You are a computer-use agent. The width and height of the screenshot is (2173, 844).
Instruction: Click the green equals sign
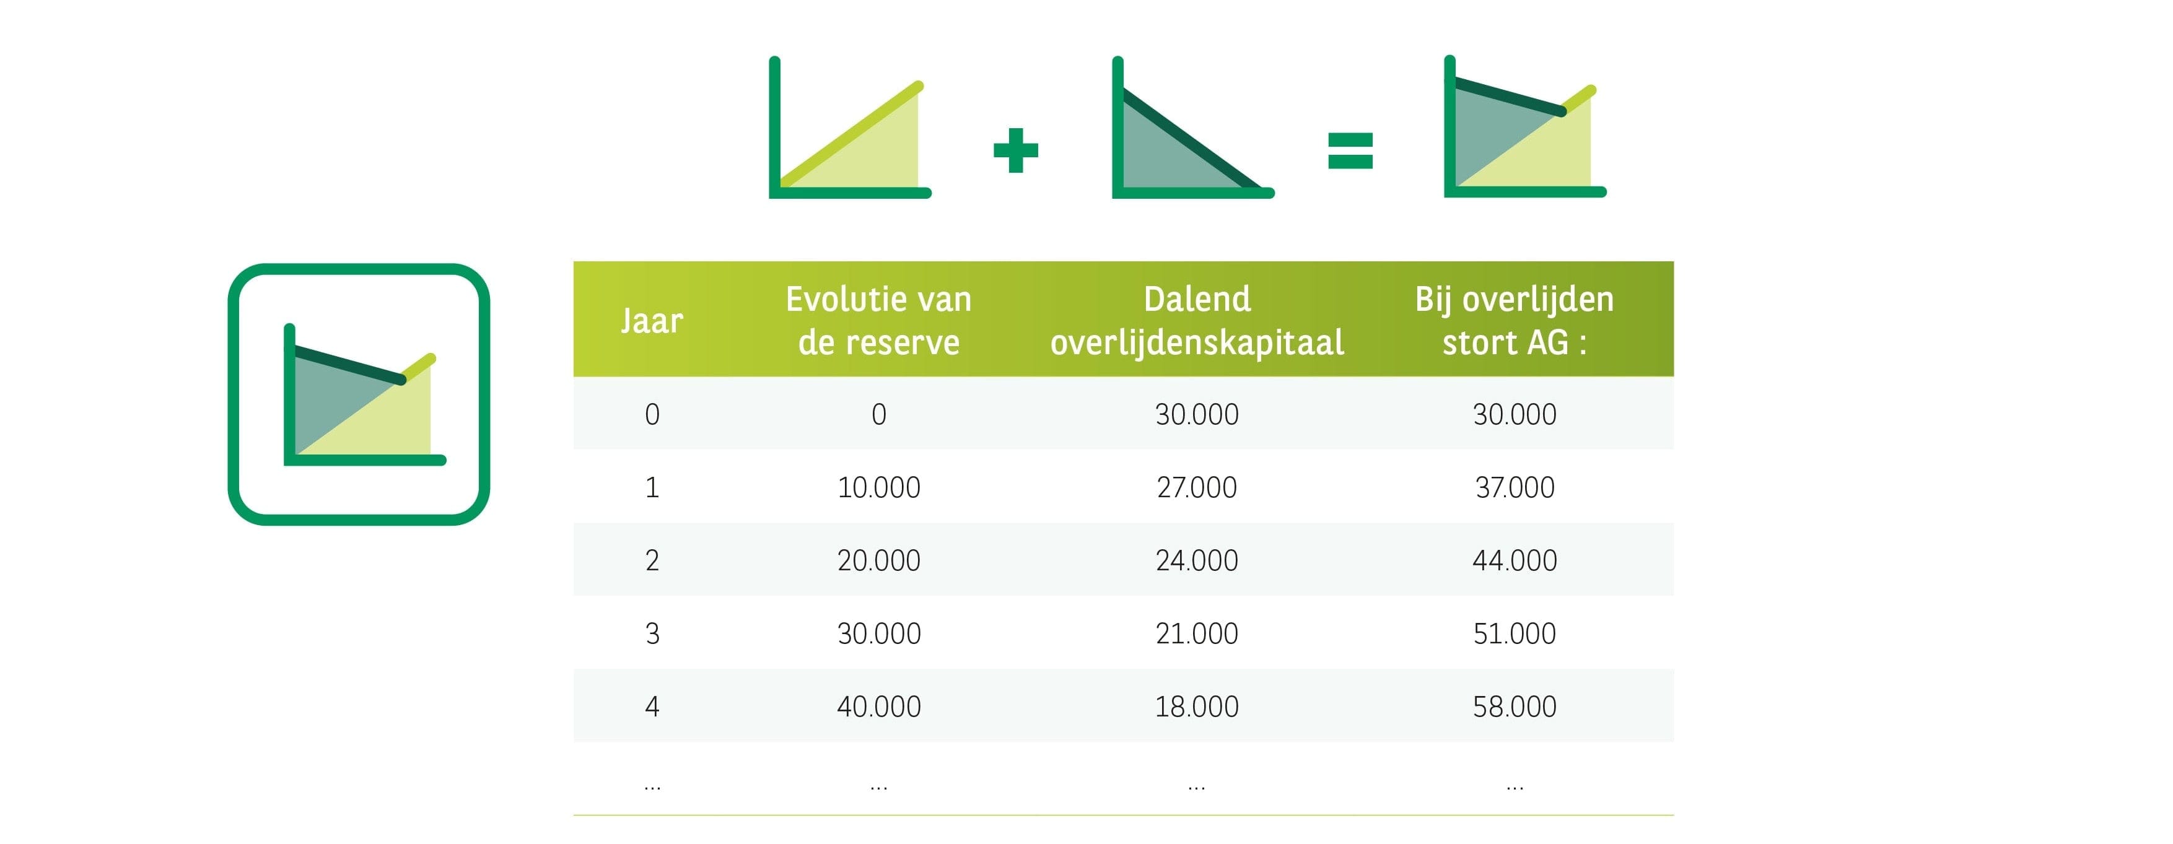coord(1350,151)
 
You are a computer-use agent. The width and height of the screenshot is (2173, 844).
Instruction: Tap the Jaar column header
coord(652,320)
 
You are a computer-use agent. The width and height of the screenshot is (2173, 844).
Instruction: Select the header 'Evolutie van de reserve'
coord(879,320)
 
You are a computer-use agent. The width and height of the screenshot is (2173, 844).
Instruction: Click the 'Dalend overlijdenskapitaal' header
coord(1197,320)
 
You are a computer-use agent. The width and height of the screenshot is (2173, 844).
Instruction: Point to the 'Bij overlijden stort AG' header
coord(1514,320)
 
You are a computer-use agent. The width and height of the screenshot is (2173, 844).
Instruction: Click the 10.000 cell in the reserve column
coord(879,487)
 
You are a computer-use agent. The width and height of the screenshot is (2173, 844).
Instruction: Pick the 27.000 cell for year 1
coord(1197,487)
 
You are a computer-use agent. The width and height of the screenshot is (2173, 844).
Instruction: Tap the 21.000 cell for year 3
coord(1197,633)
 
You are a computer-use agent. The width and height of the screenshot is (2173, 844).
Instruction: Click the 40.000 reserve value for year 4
coord(879,707)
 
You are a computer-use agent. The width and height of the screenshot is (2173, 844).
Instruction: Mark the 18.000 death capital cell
coord(1197,707)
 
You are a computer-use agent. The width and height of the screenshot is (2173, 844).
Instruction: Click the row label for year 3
coord(652,633)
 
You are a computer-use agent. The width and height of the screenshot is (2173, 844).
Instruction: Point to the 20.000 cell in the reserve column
coord(879,560)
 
